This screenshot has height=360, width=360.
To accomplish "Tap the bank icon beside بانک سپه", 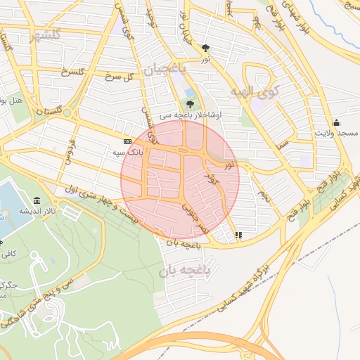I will click(127, 140).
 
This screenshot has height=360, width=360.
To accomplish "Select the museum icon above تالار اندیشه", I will click(37, 200).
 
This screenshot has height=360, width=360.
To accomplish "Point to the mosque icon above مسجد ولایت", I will click(336, 122).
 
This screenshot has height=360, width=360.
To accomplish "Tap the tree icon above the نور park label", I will click(205, 49).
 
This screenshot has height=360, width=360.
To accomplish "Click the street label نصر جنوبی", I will click(195, 219).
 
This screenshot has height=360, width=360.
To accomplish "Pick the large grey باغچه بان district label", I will click(184, 270).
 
